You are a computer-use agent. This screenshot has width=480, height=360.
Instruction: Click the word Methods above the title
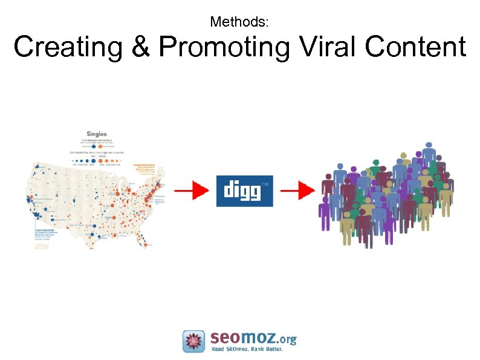coord(239,22)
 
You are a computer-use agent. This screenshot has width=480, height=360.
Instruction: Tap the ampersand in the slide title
coord(141,48)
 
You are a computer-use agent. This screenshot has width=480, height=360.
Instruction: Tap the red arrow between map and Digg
coord(192,191)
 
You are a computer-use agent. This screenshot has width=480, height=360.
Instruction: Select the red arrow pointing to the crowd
coord(297,191)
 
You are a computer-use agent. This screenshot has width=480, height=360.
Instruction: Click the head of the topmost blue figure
coord(429,146)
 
